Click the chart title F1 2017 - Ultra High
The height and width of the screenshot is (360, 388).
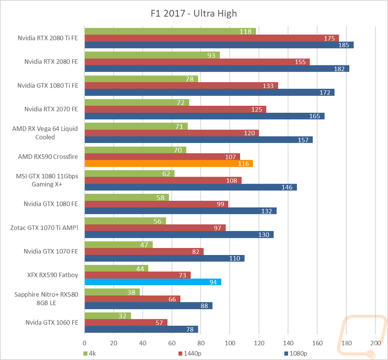click(x=194, y=14)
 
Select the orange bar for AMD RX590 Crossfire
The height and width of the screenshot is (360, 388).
click(x=168, y=164)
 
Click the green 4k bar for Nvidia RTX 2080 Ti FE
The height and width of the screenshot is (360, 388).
click(x=170, y=31)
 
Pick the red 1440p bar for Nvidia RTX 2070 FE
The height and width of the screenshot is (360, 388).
click(x=175, y=109)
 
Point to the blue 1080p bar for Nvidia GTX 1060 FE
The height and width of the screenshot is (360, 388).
click(x=141, y=329)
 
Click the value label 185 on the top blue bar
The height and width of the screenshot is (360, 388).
click(x=343, y=45)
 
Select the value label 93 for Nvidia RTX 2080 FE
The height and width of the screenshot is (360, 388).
click(x=211, y=55)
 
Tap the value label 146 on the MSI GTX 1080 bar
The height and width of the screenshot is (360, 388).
click(x=288, y=187)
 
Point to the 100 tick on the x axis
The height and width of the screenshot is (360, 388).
click(x=230, y=343)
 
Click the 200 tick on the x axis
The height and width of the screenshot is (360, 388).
click(x=376, y=343)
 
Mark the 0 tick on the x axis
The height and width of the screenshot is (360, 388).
click(x=85, y=343)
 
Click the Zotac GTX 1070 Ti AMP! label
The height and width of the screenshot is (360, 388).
click(x=44, y=227)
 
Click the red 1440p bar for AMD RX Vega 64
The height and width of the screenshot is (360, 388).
click(x=171, y=133)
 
